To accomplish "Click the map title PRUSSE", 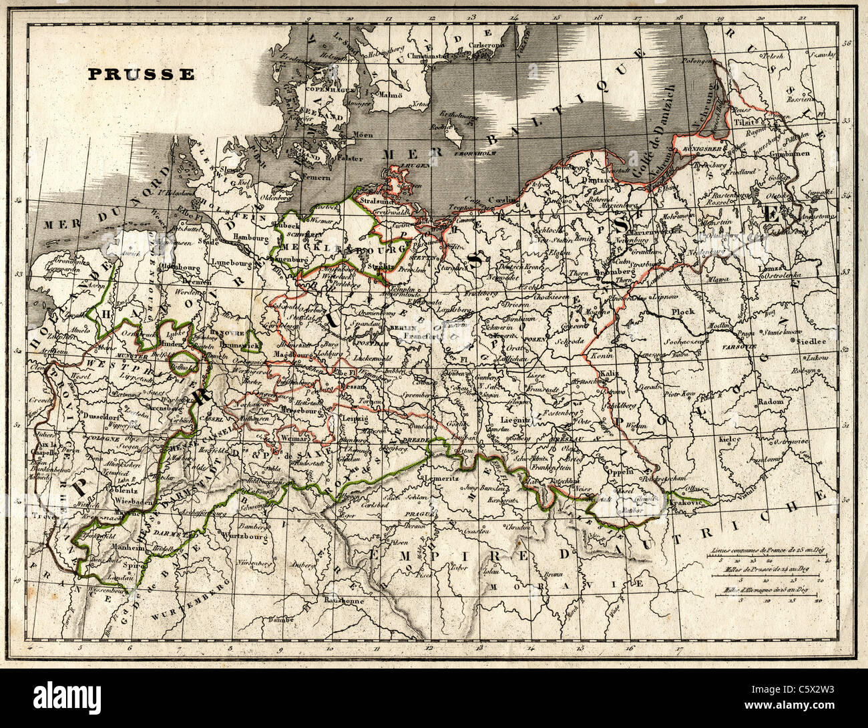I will coord(140,74).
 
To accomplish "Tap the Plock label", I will coord(683,311).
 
